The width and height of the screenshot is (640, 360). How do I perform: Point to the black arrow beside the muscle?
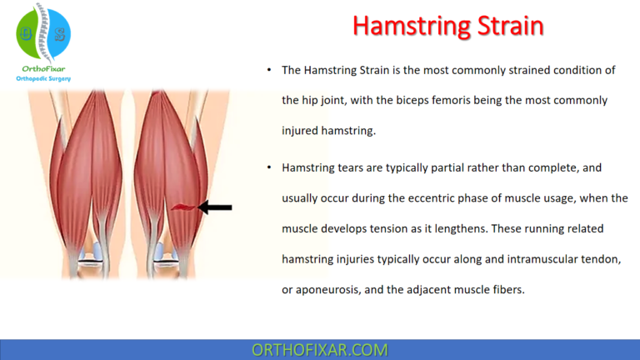[x=216, y=207]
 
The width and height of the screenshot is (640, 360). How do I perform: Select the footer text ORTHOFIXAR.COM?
[x=320, y=350]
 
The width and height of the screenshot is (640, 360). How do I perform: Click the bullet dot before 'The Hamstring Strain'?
[x=269, y=71]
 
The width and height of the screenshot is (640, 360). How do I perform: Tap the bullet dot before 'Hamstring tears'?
[x=269, y=168]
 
